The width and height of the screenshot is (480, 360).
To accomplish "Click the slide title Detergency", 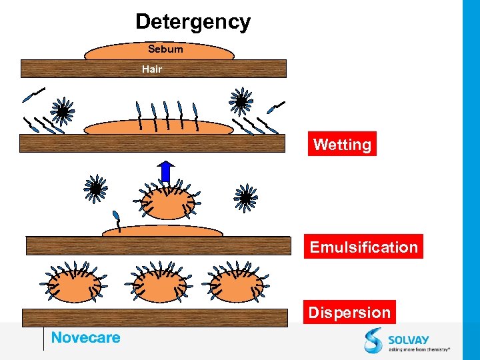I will [193, 22].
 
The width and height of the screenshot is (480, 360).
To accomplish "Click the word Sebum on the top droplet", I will [165, 49].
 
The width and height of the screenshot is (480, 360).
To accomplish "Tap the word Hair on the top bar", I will [152, 69].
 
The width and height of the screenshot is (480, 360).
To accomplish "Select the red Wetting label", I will [342, 144].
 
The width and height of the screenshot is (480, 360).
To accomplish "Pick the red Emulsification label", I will [363, 247].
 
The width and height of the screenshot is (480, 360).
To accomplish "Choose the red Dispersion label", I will [349, 312].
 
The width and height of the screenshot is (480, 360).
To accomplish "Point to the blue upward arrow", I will [166, 171].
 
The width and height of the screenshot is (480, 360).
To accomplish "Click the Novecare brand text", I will [86, 337].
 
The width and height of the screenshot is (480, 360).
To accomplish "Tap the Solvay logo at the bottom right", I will [407, 340].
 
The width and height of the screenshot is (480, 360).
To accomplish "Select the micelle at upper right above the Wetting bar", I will [241, 102].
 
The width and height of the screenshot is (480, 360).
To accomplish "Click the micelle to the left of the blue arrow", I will [96, 189].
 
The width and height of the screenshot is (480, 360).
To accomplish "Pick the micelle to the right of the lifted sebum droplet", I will [245, 197].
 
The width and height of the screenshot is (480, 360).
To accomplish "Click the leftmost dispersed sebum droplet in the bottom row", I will [75, 283].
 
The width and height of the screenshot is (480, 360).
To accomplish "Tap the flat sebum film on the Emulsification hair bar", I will [162, 231].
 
